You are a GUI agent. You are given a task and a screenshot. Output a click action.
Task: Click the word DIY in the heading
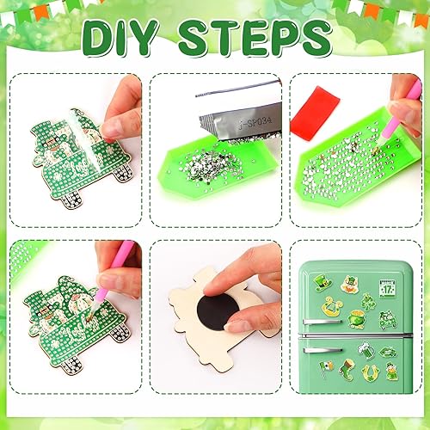tap(129, 39)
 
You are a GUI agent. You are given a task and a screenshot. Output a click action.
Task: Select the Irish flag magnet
tap(327, 366)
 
